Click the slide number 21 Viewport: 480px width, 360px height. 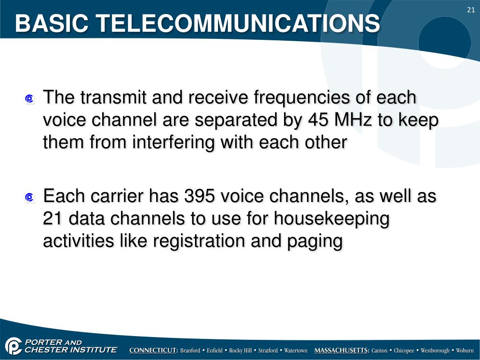471,10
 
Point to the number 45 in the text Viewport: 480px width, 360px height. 319,120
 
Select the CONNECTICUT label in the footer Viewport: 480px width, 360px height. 153,351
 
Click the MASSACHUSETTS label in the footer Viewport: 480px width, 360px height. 342,351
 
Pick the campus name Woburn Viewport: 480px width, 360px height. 465,351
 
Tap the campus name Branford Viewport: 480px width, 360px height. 190,351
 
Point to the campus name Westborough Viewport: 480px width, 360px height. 435,351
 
